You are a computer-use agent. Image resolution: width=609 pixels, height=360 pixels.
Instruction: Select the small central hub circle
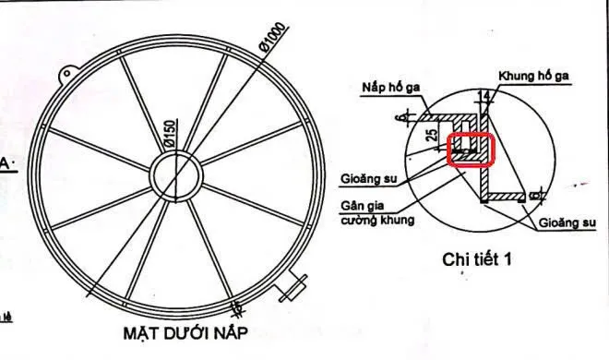pos(174,173)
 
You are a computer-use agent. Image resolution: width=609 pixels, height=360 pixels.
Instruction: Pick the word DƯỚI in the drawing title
pos(192,330)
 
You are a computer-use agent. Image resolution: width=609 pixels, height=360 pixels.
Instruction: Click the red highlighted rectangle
pos(472,150)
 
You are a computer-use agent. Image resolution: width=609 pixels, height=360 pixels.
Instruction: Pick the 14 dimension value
pos(485,94)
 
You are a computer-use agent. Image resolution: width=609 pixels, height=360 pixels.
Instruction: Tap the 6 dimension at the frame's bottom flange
pos(543,195)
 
